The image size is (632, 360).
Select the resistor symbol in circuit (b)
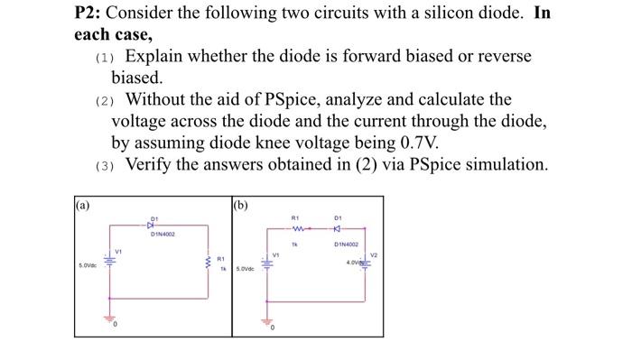[x=293, y=226]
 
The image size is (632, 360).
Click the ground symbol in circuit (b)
[x=268, y=322]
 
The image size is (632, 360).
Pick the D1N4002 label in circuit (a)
[x=163, y=234]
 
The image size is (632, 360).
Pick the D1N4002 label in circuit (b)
[x=348, y=244]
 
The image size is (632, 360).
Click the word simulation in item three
[x=502, y=164]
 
